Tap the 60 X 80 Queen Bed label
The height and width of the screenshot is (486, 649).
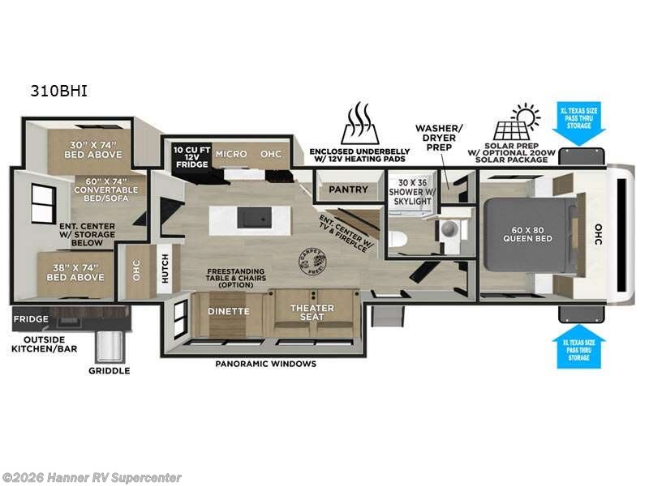click(x=527, y=233)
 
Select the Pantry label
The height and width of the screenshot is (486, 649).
click(x=349, y=190)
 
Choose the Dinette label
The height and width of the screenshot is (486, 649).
click(x=229, y=311)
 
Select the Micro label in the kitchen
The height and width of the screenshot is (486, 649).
click(x=231, y=154)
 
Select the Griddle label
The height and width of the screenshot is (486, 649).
click(x=109, y=371)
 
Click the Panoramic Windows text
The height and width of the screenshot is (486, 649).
click(x=265, y=364)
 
